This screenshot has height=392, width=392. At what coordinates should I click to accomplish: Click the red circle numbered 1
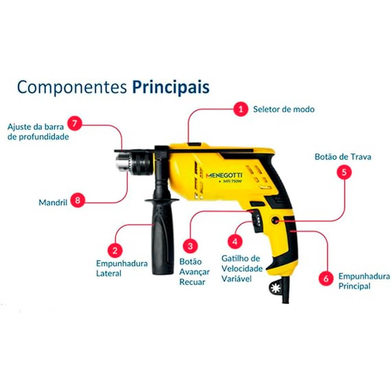coord(241,109)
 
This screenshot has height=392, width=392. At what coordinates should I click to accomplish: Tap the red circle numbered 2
coord(115,250)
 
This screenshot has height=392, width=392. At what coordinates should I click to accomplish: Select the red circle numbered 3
coord(190,246)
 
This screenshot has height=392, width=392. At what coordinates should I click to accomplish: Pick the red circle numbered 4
coord(235,242)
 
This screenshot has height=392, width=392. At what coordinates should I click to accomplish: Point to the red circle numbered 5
coord(344,172)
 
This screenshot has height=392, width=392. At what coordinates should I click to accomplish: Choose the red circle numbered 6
coord(326,278)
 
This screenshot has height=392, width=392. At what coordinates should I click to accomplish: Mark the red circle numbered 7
coord(74,123)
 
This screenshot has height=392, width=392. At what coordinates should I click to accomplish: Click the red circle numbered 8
coord(78,200)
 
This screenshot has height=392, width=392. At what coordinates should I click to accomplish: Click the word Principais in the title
coord(171,87)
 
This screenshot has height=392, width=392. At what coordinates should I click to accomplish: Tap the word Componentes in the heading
coord(72,87)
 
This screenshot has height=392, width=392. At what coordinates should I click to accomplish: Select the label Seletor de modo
coord(284,109)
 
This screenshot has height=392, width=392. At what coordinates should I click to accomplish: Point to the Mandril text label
coord(53,202)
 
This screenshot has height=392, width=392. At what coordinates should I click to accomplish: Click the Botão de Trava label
coord(343,157)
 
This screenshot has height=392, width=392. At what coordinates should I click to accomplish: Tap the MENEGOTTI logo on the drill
coord(224,175)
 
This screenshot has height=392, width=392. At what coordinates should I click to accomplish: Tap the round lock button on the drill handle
coord(276,220)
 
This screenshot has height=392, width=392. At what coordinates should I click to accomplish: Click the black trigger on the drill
coord(257,221)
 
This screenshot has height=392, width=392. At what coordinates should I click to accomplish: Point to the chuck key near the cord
coord(275,289)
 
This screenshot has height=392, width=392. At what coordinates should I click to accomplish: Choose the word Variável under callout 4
coord(236,279)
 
